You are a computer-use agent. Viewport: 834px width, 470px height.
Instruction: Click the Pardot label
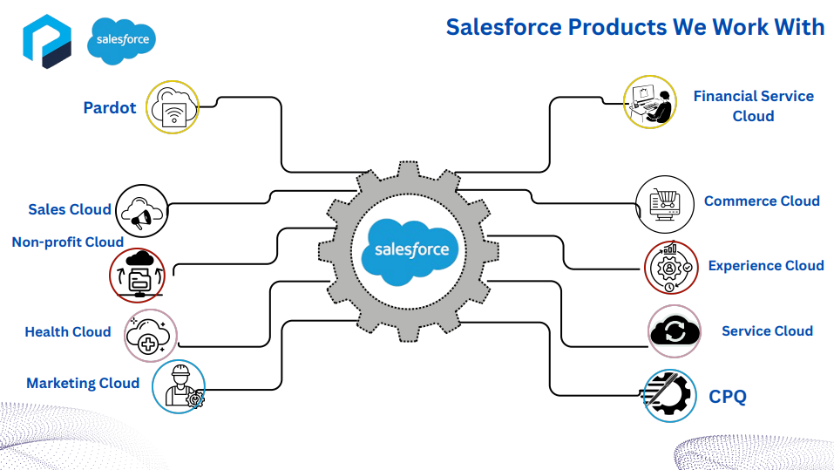110,108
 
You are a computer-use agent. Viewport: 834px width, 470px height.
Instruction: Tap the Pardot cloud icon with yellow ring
172,107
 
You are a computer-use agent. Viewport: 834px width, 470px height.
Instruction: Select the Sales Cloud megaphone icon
141,210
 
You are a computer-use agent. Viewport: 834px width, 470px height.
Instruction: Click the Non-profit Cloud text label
68,242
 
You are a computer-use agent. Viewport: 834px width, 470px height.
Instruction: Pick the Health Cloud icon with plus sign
152,336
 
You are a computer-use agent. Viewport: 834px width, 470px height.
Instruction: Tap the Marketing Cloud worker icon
179,386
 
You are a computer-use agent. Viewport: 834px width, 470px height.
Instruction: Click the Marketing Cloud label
83,383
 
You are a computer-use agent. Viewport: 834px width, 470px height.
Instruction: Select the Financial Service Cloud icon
650,101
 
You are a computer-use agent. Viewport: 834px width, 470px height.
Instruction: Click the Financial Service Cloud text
753,106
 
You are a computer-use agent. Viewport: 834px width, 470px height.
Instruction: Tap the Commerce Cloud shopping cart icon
665,204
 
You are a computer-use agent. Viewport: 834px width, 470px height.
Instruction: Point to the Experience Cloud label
765,266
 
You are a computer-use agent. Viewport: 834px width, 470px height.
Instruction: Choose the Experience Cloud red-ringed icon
671,268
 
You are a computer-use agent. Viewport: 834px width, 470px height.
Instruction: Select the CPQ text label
728,397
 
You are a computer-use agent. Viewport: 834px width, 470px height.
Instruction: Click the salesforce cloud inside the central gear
412,249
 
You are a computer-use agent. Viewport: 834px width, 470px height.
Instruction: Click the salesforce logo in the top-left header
121,40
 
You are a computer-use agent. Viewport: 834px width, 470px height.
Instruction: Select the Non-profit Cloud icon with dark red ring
139,272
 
